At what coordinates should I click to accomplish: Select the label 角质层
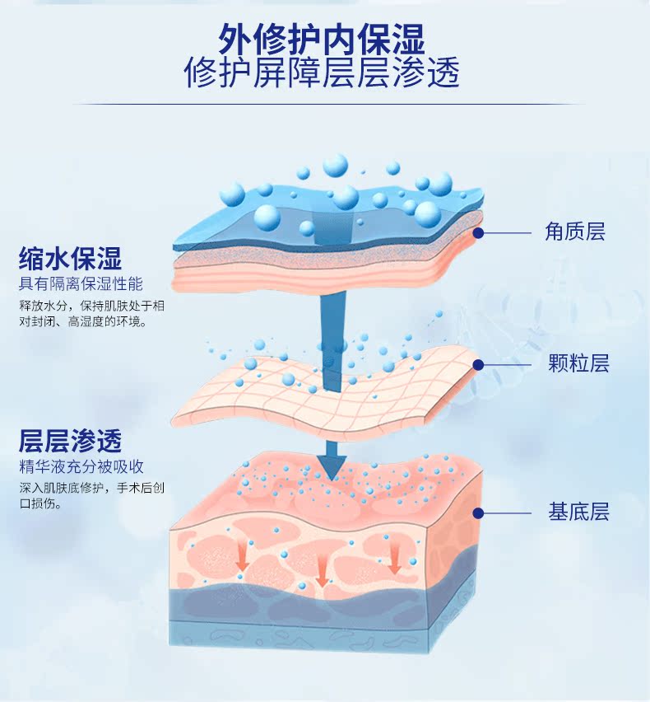(x=574, y=232)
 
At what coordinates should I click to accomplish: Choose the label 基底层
(x=578, y=512)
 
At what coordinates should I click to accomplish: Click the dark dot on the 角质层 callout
(x=478, y=233)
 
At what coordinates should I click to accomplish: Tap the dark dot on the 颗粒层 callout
(x=478, y=363)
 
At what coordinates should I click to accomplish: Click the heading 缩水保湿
(x=71, y=260)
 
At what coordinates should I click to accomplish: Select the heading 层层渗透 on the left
(x=71, y=441)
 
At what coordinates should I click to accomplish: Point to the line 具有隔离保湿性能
(x=81, y=284)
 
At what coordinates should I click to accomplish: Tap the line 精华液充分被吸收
(x=81, y=466)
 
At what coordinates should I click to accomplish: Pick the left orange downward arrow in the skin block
(x=243, y=559)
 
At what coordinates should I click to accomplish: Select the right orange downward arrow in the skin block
(x=395, y=560)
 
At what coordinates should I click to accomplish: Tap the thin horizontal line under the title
(x=325, y=105)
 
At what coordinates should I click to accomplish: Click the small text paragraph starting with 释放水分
(x=91, y=313)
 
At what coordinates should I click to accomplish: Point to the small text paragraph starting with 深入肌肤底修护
(x=91, y=494)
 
